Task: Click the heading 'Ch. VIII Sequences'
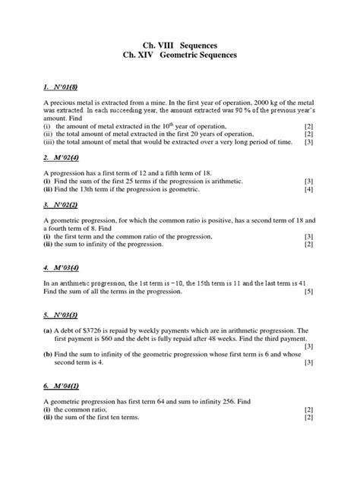tap(179, 45)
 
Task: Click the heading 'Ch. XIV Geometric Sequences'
tap(179, 56)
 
